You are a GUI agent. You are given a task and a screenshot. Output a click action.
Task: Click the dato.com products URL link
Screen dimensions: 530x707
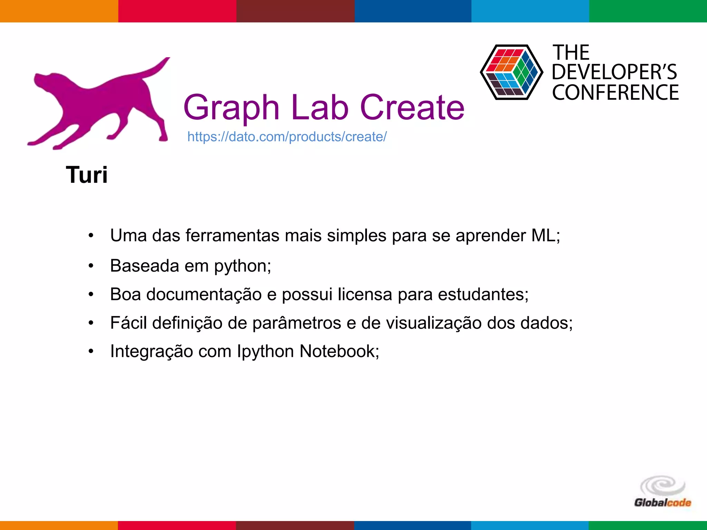[x=287, y=137]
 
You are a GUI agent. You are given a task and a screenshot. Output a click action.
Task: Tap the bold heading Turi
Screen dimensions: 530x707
[x=87, y=175]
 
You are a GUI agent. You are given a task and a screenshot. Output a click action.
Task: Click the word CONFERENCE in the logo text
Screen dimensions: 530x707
[x=615, y=92]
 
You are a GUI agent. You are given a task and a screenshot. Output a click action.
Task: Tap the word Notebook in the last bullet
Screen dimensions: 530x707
[x=339, y=351]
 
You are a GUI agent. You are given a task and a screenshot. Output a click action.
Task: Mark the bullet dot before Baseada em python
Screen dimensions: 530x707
[x=91, y=266]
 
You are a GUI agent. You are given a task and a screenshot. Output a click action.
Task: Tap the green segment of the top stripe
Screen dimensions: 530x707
[x=648, y=11]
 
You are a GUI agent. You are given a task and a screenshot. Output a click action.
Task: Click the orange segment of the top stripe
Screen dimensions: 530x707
[x=59, y=11]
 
